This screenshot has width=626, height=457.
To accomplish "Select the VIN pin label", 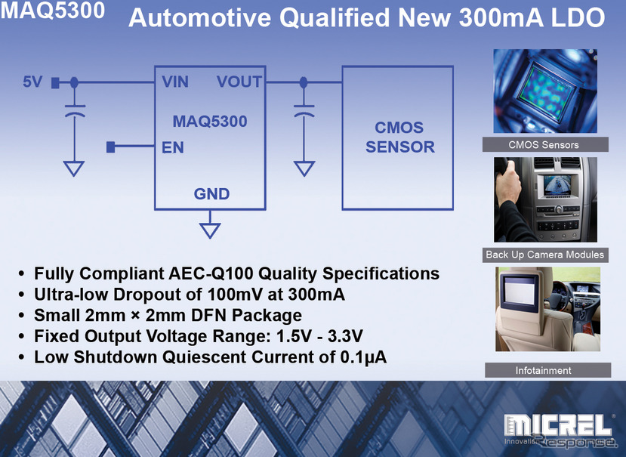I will click(x=175, y=82).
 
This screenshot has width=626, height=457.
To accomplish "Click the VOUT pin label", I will click(x=239, y=82).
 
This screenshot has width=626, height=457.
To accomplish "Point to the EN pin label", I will click(x=173, y=147).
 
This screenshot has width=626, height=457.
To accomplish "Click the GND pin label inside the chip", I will click(x=212, y=194).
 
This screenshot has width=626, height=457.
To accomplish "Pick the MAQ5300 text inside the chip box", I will click(x=210, y=121).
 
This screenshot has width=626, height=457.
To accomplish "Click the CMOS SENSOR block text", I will click(x=400, y=137).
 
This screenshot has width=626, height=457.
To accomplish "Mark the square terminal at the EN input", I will click(x=110, y=147).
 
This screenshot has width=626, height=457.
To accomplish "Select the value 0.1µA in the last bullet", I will click(x=360, y=357).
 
